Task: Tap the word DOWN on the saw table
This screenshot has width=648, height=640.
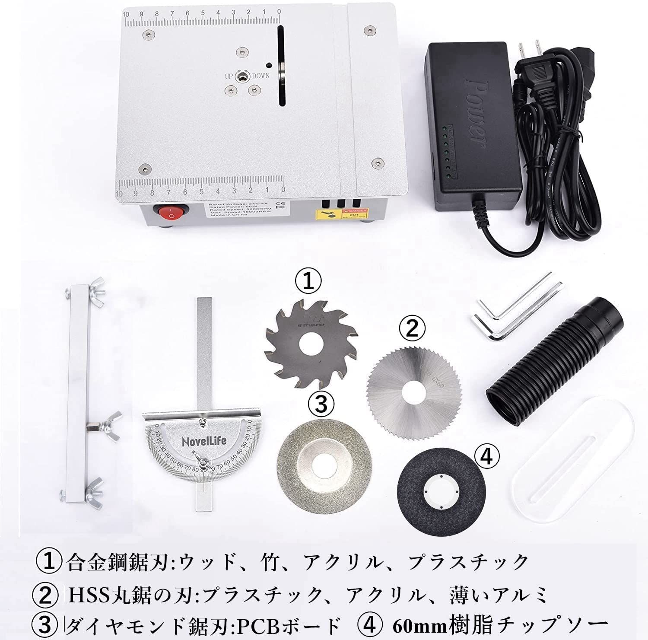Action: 261,76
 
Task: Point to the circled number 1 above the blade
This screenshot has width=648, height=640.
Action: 308,282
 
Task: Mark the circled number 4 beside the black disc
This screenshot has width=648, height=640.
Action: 487,456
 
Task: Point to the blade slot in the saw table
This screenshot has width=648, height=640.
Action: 281,65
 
